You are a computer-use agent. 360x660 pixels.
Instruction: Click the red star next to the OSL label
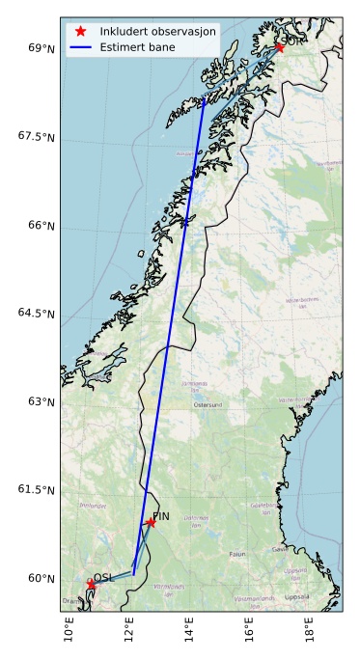(91, 585)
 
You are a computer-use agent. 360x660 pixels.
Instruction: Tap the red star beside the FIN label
(150, 522)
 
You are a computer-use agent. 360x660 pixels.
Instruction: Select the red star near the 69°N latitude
(279, 46)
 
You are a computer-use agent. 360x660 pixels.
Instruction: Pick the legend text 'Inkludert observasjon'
(157, 31)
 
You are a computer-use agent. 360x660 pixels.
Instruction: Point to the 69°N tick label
(40, 47)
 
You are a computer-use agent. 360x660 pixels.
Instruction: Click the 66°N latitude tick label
(40, 225)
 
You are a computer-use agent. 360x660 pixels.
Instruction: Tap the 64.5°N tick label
(36, 313)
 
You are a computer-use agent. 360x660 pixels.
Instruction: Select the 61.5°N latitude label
(36, 490)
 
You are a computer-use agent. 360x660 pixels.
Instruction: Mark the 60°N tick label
(40, 578)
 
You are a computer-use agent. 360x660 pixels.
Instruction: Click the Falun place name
(237, 554)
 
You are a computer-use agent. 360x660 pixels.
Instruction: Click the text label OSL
(103, 578)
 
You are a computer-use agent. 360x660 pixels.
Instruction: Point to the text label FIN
(162, 516)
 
